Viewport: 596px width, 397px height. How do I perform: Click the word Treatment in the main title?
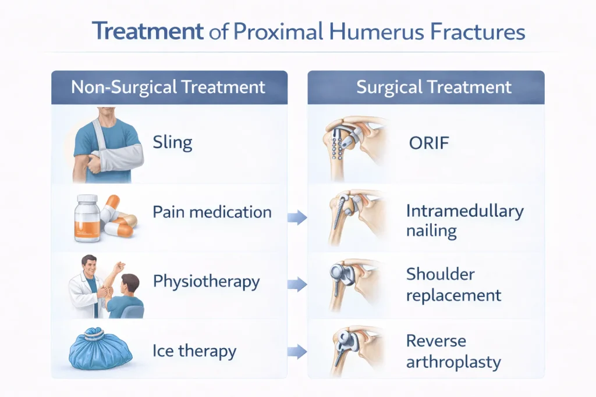pyautogui.click(x=147, y=31)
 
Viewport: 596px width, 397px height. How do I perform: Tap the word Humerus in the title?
pyautogui.click(x=377, y=31)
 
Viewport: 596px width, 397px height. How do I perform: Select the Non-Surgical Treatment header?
pyautogui.click(x=168, y=87)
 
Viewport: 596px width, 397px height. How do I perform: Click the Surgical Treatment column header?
pyautogui.click(x=434, y=87)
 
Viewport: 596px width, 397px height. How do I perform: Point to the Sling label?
pyautogui.click(x=172, y=143)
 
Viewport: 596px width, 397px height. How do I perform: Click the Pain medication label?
pyautogui.click(x=212, y=212)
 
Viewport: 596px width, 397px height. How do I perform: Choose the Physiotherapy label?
pyautogui.click(x=207, y=282)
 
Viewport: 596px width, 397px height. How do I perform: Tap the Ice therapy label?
pyautogui.click(x=194, y=351)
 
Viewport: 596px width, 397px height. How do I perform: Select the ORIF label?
pyautogui.click(x=429, y=144)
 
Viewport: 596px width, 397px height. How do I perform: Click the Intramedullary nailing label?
pyautogui.click(x=465, y=221)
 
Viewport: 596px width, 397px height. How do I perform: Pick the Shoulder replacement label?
pyautogui.click(x=454, y=285)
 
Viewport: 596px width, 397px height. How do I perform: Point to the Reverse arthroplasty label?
pyautogui.click(x=453, y=352)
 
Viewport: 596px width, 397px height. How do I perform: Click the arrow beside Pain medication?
pyautogui.click(x=297, y=217)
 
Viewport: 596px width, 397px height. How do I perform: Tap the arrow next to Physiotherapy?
pyautogui.click(x=297, y=284)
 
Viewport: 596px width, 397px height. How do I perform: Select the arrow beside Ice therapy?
pyautogui.click(x=297, y=352)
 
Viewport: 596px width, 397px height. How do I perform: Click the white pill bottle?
pyautogui.click(x=87, y=218)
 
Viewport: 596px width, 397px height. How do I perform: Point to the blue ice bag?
pyautogui.click(x=101, y=349)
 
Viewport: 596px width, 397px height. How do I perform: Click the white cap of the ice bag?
pyautogui.click(x=94, y=334)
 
